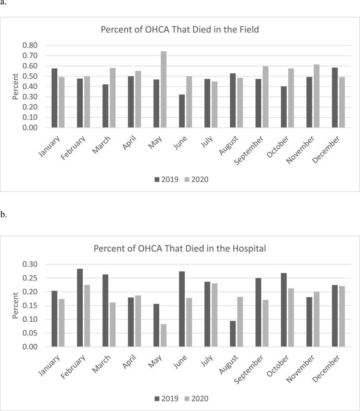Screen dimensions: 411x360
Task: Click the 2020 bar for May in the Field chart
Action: [163, 89]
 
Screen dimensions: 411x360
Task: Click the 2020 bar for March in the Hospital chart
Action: [112, 324]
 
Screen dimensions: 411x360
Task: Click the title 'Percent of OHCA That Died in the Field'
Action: [180, 30]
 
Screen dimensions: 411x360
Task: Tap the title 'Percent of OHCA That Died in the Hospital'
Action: [180, 249]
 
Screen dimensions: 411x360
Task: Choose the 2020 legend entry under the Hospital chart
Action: [196, 399]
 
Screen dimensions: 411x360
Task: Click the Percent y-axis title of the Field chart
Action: [15, 86]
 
